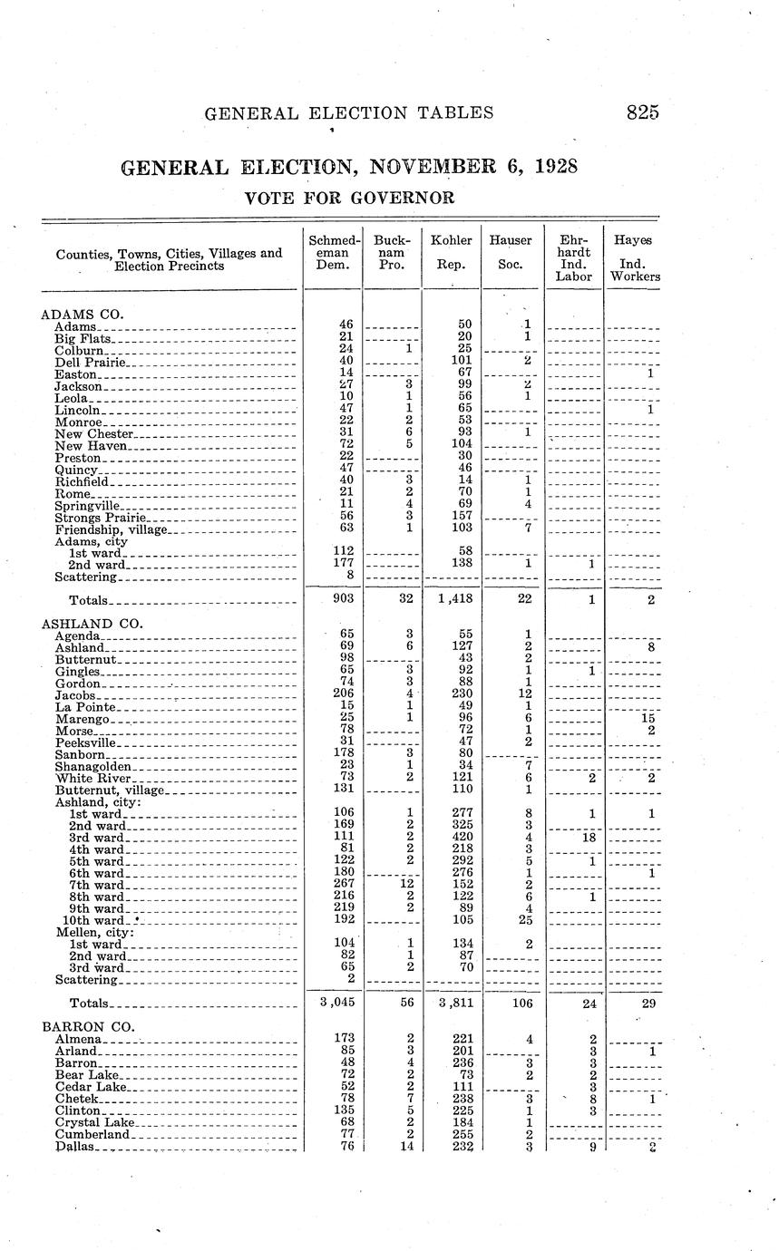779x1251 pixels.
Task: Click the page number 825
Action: pos(641,112)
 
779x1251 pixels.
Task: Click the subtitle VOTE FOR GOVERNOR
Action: pos(349,198)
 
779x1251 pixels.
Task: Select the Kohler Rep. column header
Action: pos(451,252)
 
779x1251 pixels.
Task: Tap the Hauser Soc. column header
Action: pos(511,252)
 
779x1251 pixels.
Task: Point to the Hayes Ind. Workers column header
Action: pos(634,258)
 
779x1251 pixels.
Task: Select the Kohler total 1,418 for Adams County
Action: pos(451,599)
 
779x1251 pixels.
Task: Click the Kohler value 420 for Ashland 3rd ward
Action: pos(463,837)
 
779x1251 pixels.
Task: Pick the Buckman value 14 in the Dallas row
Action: pos(408,1145)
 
